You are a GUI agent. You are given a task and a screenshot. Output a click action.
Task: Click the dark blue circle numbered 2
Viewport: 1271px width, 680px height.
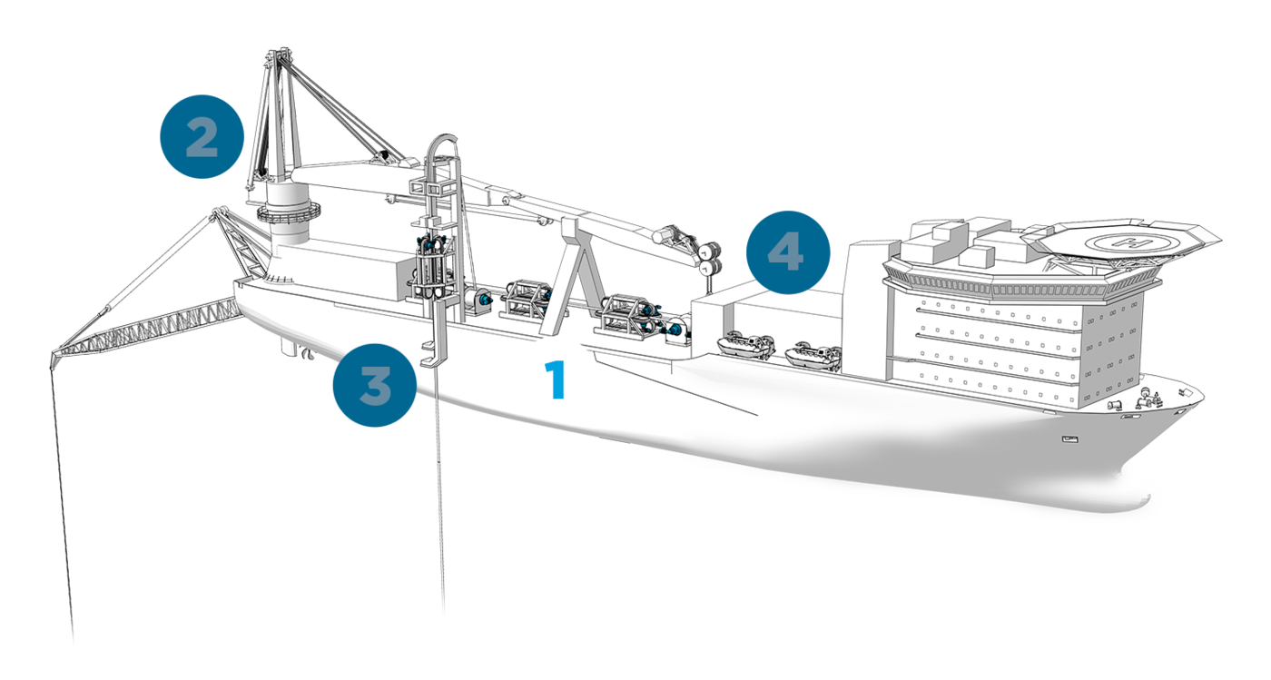tap(202, 136)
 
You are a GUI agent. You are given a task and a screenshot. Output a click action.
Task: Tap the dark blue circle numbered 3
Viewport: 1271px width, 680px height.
tap(374, 385)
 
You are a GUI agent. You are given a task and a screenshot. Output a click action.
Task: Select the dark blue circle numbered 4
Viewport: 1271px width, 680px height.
tap(788, 252)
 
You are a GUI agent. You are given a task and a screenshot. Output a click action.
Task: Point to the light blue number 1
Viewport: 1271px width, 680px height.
tap(555, 379)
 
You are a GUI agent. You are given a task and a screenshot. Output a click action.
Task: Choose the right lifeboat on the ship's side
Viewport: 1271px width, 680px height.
tap(813, 354)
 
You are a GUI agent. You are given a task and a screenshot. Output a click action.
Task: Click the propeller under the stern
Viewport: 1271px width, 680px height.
tap(307, 353)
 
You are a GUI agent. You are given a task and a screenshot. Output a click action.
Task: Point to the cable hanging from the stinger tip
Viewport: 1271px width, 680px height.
tap(62, 505)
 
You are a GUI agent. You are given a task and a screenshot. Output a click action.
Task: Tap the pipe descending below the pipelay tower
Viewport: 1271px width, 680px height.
tap(439, 488)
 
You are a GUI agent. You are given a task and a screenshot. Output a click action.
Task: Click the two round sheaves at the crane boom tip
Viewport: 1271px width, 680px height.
tap(710, 257)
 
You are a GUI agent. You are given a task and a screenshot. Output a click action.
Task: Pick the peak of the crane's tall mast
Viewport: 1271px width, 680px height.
tap(279, 54)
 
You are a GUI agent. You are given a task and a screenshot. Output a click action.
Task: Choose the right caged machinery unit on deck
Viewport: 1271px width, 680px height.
tap(627, 317)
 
